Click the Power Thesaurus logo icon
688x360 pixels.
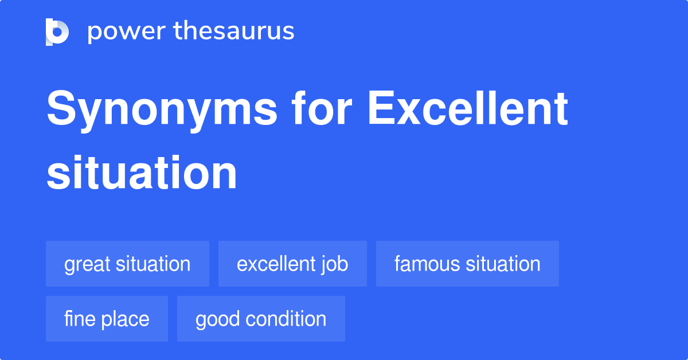[x=57, y=32]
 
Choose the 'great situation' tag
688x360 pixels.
[x=127, y=264]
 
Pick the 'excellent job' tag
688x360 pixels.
[x=292, y=264]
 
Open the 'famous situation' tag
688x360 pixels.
[x=467, y=264]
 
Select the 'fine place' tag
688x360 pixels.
[x=107, y=319]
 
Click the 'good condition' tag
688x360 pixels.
[x=261, y=319]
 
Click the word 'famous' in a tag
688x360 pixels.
[x=427, y=264]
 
